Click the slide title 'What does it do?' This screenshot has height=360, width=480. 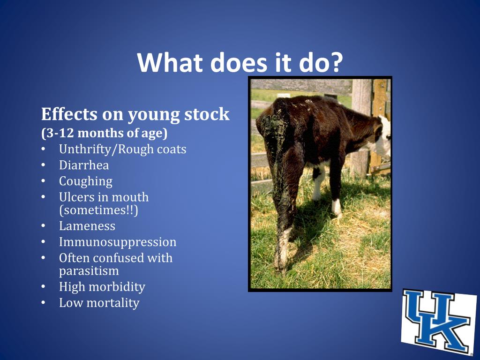coord(240,62)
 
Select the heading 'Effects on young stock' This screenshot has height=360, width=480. coord(135,114)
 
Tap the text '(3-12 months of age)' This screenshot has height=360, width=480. coord(104,133)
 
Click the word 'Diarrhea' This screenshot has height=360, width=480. coord(84,165)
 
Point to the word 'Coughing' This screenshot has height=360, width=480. coord(86,181)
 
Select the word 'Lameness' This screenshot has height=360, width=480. coord(87,226)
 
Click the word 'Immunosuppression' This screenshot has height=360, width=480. coord(118,242)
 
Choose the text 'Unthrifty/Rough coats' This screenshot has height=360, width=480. coord(122,149)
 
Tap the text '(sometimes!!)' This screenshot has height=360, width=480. coord(98,210)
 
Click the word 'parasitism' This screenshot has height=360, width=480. coord(89,270)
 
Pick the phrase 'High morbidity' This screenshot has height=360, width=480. coord(102,286)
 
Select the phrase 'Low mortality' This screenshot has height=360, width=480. coord(99,303)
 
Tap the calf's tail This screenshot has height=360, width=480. coord(272,155)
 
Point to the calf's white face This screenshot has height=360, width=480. coord(384,136)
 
